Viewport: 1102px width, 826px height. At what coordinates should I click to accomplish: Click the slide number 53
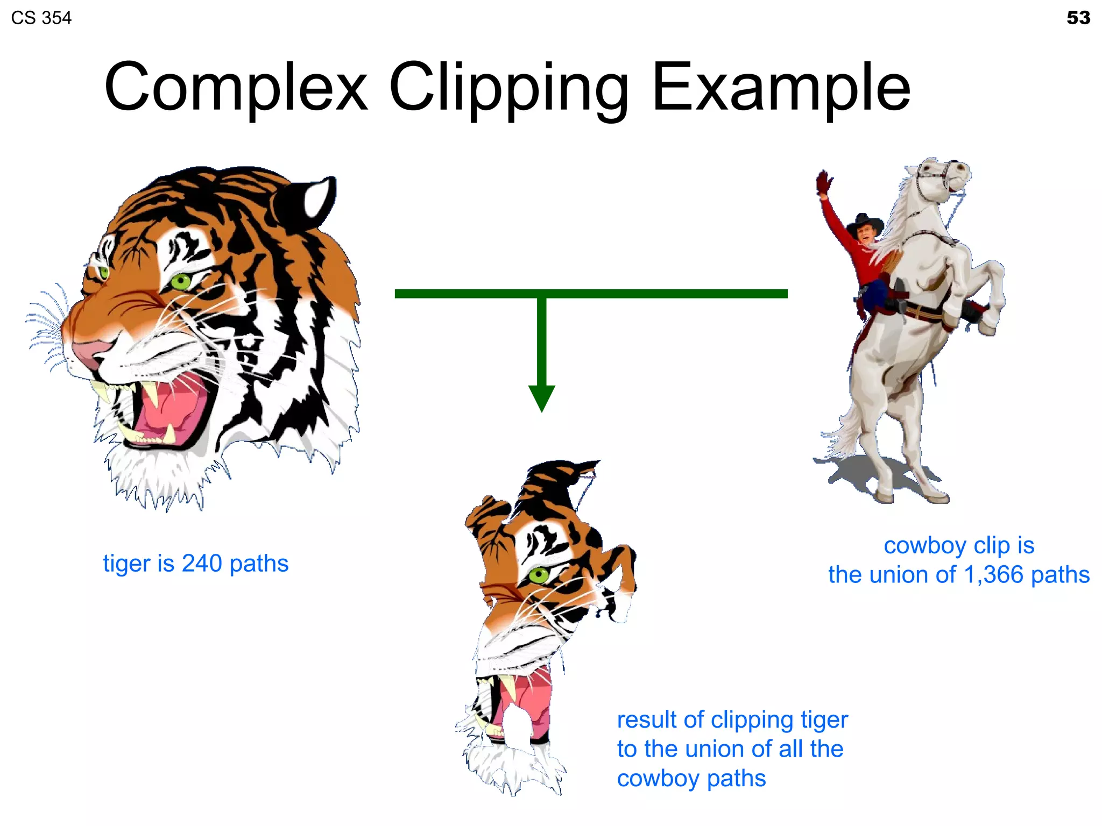click(x=1078, y=18)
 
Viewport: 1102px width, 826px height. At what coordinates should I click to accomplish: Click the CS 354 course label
click(x=41, y=18)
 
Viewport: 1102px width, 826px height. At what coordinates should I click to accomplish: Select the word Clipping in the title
click(x=508, y=89)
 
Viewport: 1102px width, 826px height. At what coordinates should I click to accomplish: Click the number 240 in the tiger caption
click(x=202, y=564)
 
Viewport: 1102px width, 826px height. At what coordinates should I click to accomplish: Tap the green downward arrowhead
click(x=541, y=397)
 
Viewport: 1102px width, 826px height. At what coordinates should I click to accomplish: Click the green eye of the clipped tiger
click(x=538, y=575)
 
